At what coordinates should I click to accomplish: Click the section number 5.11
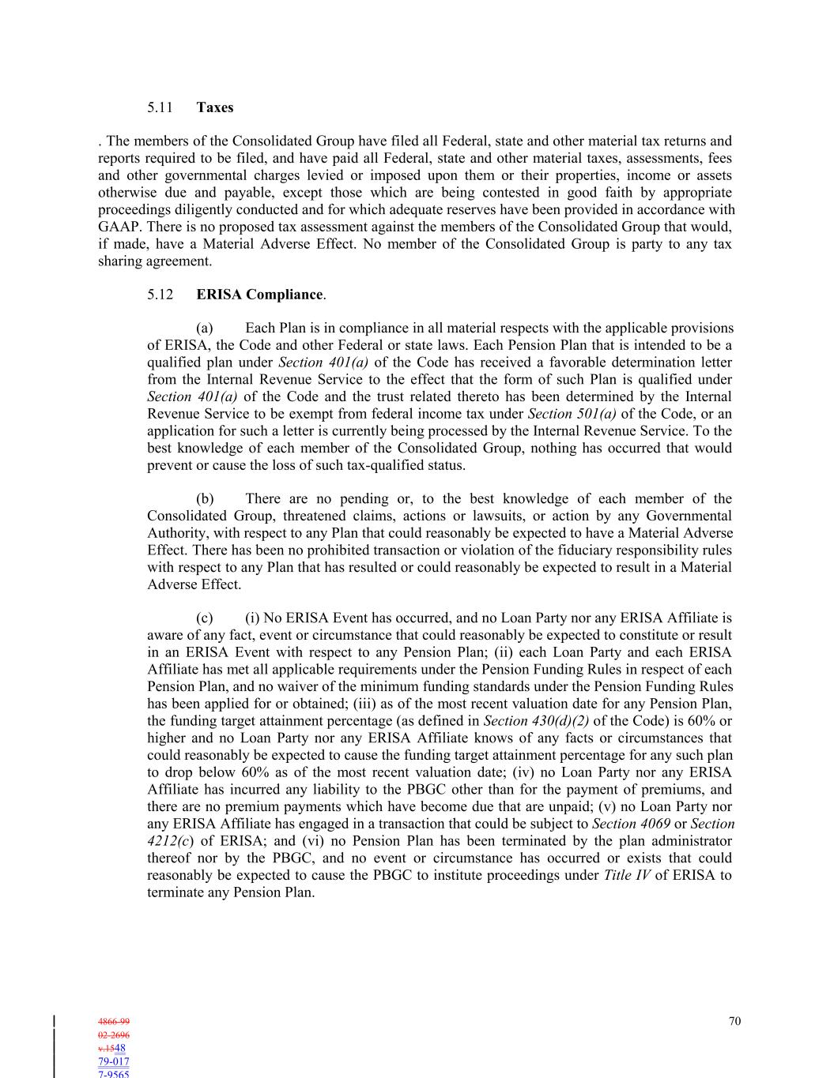point(160,107)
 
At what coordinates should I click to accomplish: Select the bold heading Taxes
point(215,107)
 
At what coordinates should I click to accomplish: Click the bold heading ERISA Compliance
point(259,295)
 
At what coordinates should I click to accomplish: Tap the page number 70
point(734,1021)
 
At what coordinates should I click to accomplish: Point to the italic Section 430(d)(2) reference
point(536,720)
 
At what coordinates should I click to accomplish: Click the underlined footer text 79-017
point(114,1061)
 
